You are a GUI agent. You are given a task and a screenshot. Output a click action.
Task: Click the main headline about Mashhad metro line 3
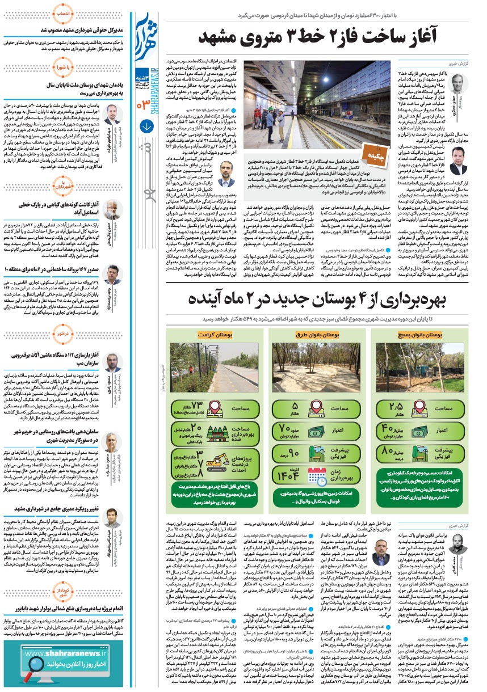tap(318, 39)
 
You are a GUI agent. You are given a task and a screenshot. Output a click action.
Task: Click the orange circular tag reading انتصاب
tap(65, 12)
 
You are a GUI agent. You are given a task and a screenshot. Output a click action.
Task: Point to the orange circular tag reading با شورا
tap(65, 67)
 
